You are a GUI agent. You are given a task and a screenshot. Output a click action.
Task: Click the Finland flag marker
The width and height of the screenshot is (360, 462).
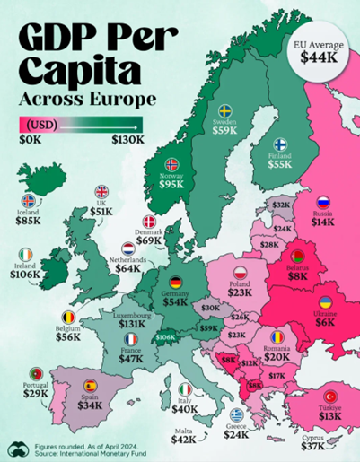[x=279, y=144]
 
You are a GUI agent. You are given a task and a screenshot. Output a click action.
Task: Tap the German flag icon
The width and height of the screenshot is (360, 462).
[x=176, y=282]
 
